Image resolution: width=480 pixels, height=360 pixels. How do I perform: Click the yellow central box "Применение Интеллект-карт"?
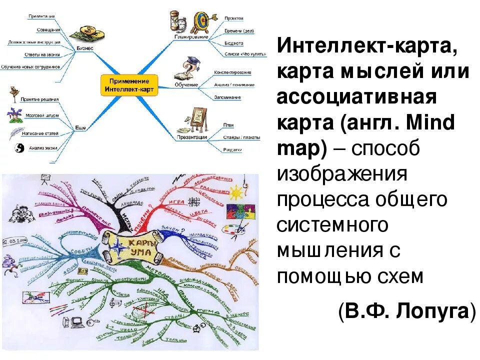[x=129, y=85]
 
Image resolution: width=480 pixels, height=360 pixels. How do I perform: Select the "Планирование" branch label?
[x=191, y=37]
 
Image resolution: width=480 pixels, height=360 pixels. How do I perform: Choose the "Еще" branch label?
[x=80, y=127]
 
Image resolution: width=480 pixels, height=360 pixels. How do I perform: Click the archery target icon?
[x=201, y=20]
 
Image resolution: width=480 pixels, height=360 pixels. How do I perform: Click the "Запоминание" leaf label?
[x=227, y=97]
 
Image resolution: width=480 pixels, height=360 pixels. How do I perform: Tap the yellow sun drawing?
[x=235, y=192]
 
